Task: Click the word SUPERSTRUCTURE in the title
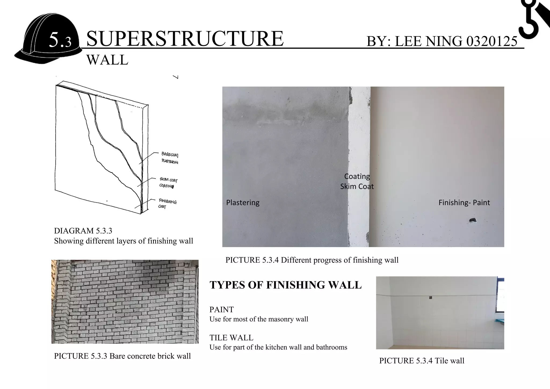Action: pyautogui.click(x=185, y=39)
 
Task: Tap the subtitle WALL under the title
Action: pyautogui.click(x=107, y=60)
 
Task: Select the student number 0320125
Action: pyautogui.click(x=491, y=41)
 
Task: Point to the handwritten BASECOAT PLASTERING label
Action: pyautogui.click(x=170, y=158)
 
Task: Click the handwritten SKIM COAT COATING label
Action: pyautogui.click(x=168, y=183)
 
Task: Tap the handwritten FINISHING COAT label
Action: pyautogui.click(x=167, y=204)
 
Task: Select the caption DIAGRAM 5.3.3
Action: pyautogui.click(x=83, y=231)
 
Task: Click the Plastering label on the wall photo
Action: pyautogui.click(x=243, y=202)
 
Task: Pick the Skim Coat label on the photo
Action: pyautogui.click(x=357, y=186)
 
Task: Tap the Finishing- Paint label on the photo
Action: pyautogui.click(x=464, y=202)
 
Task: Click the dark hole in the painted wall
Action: pyautogui.click(x=472, y=220)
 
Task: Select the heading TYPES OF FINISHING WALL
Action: pyautogui.click(x=285, y=285)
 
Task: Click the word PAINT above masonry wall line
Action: pyautogui.click(x=222, y=309)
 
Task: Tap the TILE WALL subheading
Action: pyautogui.click(x=231, y=338)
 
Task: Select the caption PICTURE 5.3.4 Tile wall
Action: pyautogui.click(x=422, y=361)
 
